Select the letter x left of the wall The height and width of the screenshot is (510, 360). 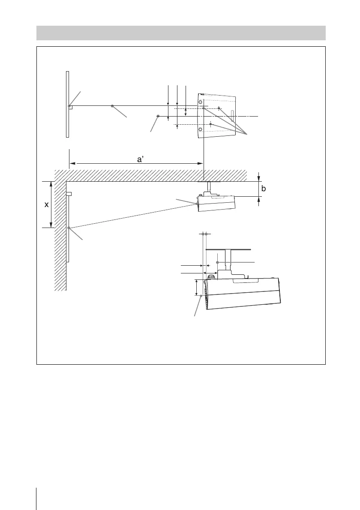tap(47, 205)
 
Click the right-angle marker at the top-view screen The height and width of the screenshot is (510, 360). tap(71, 107)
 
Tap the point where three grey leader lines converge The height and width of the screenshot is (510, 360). tap(248, 135)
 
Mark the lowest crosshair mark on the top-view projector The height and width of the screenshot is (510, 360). tap(211, 124)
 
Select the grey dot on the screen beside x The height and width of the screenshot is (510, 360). tap(68, 228)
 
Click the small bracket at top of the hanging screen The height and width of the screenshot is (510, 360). tap(69, 194)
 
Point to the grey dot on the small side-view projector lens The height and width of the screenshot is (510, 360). tap(197, 204)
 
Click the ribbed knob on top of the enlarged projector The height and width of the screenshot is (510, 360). tap(210, 277)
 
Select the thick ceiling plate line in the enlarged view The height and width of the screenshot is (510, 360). tap(227, 248)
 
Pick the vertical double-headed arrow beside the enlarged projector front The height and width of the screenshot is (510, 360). tap(197, 287)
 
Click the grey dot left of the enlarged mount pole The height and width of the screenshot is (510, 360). tap(218, 261)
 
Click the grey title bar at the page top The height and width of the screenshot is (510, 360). tap(180, 33)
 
